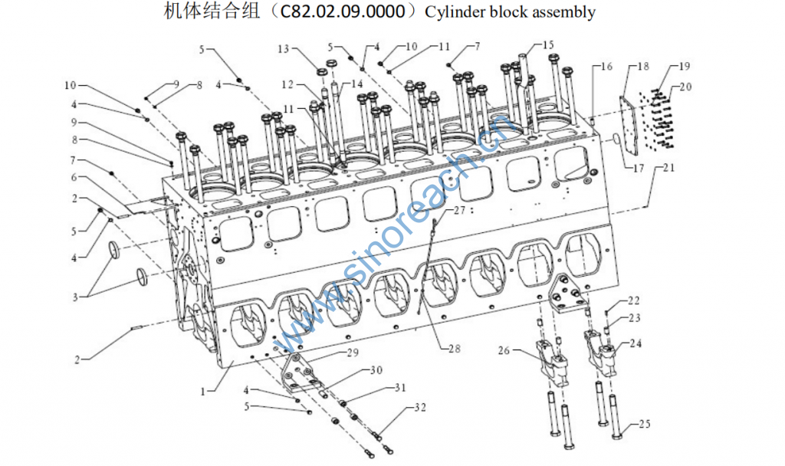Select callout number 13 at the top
point(284,49)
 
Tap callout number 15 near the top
point(547,45)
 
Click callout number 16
point(606,67)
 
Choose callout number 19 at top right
point(685,67)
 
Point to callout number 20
point(685,87)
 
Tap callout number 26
point(503,351)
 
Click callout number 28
point(455,349)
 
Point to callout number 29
point(352,353)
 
